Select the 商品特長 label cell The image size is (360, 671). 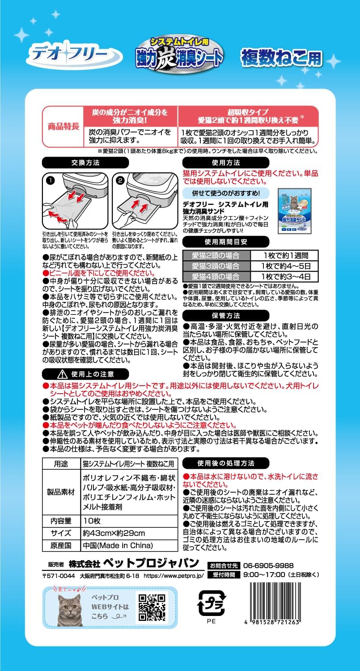tap(63, 126)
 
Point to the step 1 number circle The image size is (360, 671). tap(50, 181)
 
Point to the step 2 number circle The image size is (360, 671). tap(121, 181)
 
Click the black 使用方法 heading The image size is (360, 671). tap(226, 162)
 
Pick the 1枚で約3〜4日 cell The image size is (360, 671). tap(284, 276)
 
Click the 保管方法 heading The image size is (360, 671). tap(226, 315)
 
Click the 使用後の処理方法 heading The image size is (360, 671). tap(225, 463)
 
